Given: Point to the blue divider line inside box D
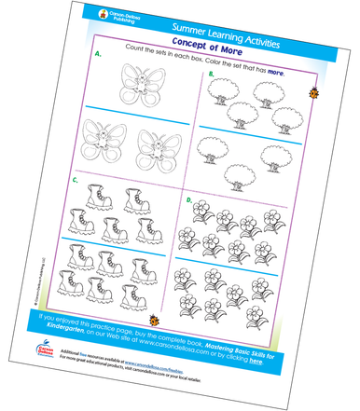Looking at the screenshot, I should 244,252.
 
